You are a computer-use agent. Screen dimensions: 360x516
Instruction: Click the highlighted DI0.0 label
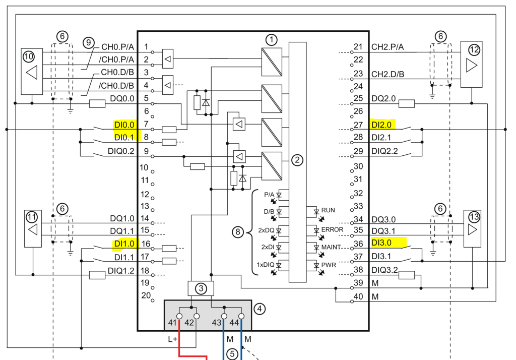click(x=124, y=125)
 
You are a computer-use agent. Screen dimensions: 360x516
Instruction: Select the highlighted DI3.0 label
click(x=382, y=243)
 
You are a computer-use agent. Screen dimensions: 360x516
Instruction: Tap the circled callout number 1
click(x=272, y=39)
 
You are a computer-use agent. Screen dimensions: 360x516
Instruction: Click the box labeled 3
click(x=201, y=288)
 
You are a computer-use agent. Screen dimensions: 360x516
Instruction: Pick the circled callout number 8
click(x=237, y=232)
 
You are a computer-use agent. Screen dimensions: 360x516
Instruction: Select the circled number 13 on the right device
click(x=474, y=217)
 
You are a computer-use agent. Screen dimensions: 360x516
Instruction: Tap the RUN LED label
click(x=328, y=210)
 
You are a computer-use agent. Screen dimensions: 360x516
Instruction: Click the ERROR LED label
click(x=332, y=229)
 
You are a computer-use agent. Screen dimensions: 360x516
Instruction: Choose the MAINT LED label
click(x=331, y=247)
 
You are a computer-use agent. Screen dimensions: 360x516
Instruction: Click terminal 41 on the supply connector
click(x=179, y=316)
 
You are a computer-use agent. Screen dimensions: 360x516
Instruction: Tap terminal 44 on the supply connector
click(x=241, y=316)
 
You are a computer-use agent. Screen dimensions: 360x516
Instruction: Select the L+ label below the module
click(x=172, y=339)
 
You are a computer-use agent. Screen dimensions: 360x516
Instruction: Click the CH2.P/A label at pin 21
click(x=388, y=47)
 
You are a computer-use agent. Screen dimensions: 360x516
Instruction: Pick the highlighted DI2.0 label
click(x=382, y=124)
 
